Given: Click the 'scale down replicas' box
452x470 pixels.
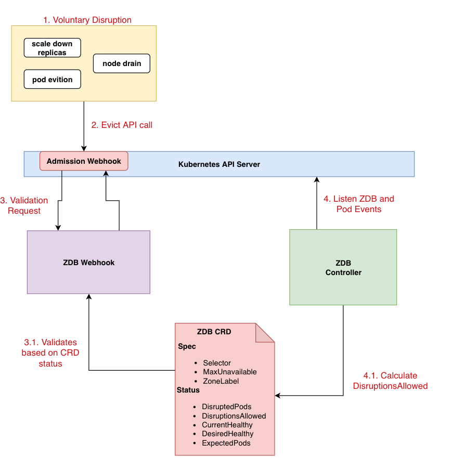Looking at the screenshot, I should [52, 48].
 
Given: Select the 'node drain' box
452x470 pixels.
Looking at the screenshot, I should [122, 63].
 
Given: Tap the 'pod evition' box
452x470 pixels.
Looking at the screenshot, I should [52, 80].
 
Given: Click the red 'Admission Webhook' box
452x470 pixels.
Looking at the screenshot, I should [84, 161].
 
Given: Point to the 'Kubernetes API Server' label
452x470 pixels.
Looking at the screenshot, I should [219, 164].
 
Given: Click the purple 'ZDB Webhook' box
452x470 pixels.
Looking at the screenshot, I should [88, 263].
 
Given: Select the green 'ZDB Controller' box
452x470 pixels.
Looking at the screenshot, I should [343, 267].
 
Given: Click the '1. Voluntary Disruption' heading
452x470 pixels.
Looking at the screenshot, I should [87, 20].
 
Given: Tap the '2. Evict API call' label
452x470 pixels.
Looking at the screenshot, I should [122, 125].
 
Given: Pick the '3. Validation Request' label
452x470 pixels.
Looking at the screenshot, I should [24, 205].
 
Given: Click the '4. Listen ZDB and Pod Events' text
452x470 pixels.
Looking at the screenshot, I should [358, 204].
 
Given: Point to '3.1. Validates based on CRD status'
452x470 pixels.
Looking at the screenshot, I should [50, 353].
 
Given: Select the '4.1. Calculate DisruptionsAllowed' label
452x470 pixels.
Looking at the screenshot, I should [390, 381].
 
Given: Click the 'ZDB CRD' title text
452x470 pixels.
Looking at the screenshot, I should [214, 332].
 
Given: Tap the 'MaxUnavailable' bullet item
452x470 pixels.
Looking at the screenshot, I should [229, 372].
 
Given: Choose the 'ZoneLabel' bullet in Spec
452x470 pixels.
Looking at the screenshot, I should [221, 381].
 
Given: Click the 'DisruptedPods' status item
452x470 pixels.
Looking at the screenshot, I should [226, 407].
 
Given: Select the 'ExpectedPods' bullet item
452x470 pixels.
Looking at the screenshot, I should [226, 443].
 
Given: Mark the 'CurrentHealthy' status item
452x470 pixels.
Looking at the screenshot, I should [227, 425].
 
